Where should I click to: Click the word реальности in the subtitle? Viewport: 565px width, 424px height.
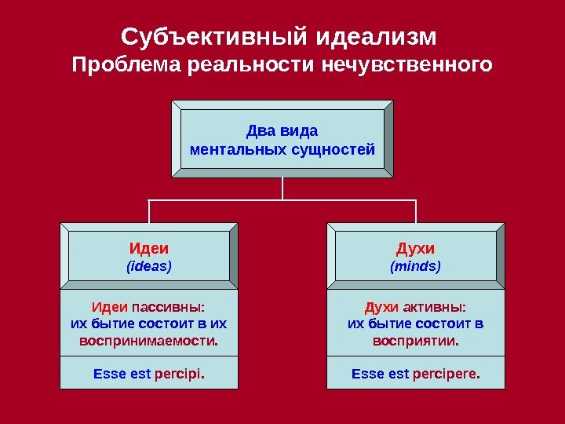click(251, 64)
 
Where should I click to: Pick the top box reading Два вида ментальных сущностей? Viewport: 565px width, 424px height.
click(282, 139)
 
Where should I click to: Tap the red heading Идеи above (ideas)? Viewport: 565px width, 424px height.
click(149, 249)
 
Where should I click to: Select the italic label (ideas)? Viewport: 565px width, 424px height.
click(149, 267)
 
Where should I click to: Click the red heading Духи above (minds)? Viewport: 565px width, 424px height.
click(416, 249)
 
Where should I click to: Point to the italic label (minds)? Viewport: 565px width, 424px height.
click(416, 267)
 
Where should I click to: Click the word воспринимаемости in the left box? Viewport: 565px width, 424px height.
click(149, 342)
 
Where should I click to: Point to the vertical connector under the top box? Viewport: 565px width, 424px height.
click(282, 188)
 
